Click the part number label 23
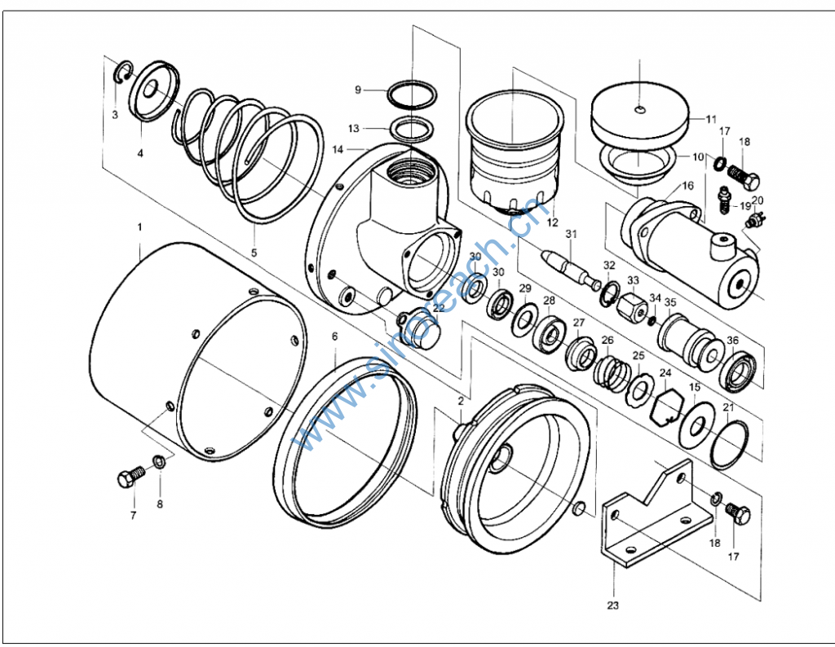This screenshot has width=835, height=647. [612, 605]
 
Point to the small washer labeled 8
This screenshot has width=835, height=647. [160, 464]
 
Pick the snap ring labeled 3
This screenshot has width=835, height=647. [120, 72]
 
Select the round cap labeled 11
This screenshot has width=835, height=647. [640, 111]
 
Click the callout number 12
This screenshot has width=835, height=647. [552, 222]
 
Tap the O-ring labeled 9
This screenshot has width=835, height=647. [409, 93]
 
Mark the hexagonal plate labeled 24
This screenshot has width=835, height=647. [665, 405]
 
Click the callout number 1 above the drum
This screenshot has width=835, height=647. [139, 225]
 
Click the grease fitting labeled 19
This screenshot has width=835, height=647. [724, 199]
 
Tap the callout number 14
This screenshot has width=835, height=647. [338, 150]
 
